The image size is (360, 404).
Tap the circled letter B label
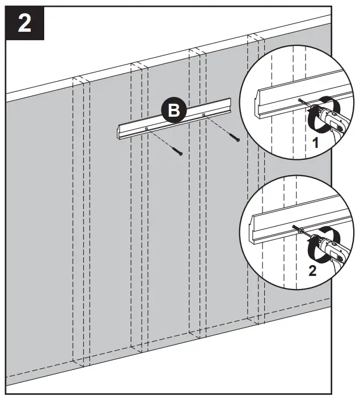(x=174, y=110)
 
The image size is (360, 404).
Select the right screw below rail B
(x=235, y=138)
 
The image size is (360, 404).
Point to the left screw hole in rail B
(x=146, y=129)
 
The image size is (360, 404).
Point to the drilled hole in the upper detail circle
(x=299, y=101)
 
